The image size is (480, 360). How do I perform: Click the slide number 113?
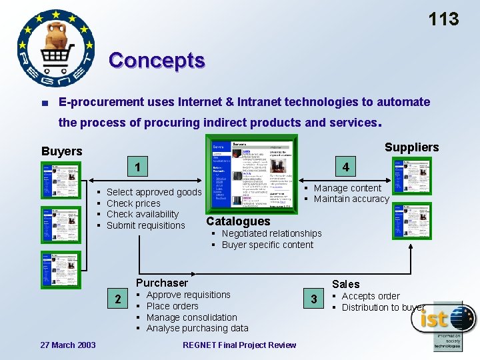point(443,19)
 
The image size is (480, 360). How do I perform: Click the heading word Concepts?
point(157,60)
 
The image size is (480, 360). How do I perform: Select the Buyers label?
point(61,151)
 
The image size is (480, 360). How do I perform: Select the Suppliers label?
point(411,147)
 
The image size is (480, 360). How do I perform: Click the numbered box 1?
point(137,167)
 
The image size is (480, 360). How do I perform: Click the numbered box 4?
point(346,167)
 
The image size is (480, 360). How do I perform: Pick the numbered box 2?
point(118,299)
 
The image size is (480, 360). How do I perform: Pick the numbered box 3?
point(313,299)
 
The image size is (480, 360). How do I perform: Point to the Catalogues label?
point(238,221)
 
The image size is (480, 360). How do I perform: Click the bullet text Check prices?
point(133,203)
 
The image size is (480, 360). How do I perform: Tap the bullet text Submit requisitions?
point(145,225)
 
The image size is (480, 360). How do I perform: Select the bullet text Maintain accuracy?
point(351,199)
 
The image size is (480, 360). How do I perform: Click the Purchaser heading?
point(162,283)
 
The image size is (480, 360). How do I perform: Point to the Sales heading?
point(345,284)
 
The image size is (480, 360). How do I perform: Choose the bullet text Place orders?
point(172,306)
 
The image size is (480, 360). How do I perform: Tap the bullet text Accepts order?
point(371,296)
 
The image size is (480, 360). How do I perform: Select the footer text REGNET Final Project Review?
point(239,345)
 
